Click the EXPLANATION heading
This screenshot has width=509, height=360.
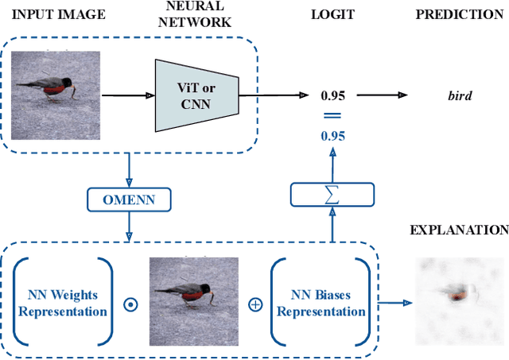click(459, 230)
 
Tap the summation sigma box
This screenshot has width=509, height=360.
click(332, 195)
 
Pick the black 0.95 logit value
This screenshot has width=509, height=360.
click(332, 96)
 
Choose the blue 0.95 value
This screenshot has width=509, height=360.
click(332, 136)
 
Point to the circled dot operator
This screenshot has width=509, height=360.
click(130, 304)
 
